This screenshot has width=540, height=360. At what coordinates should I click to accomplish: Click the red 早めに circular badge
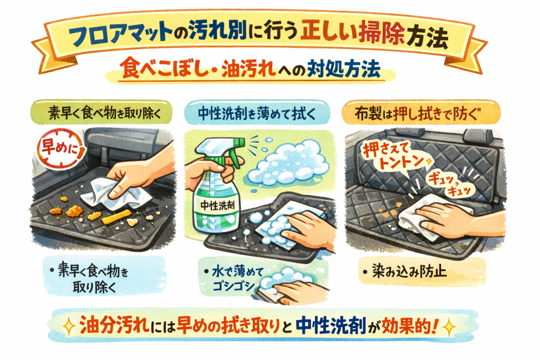click(60, 149)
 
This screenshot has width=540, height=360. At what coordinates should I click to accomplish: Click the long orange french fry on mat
click(115, 217)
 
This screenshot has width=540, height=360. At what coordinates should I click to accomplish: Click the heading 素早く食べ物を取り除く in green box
click(105, 113)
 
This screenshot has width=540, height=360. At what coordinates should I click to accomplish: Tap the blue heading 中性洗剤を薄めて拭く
click(257, 113)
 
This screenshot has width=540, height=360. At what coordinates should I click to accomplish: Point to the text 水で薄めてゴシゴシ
click(236, 279)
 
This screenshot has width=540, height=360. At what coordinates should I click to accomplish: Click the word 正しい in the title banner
click(327, 35)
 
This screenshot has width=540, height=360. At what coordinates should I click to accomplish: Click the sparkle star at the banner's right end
click(449, 327)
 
